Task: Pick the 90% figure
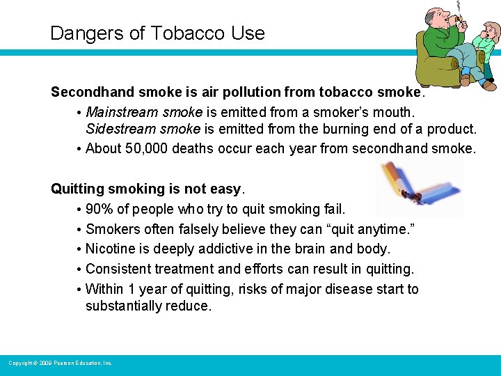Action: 100,209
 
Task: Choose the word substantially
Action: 123,306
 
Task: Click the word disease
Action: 353,289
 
